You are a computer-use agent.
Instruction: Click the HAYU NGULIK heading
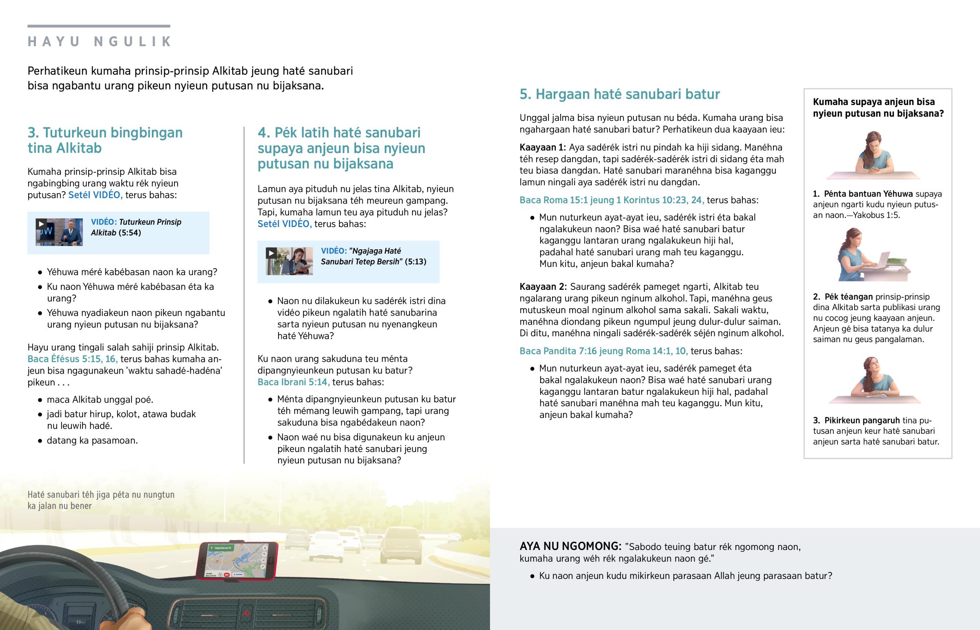click(99, 42)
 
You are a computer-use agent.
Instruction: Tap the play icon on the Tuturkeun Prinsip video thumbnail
click(41, 224)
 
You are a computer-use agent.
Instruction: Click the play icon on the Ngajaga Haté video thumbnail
click(271, 253)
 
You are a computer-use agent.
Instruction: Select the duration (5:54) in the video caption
click(130, 233)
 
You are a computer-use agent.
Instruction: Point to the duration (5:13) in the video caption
click(416, 262)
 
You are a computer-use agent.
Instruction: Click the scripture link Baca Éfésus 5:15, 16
click(73, 359)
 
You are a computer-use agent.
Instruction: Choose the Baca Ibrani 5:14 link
click(293, 382)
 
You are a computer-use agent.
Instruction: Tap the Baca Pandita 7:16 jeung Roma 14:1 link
click(603, 351)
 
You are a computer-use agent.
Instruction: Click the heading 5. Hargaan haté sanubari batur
click(619, 94)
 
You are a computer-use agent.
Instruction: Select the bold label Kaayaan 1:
click(542, 147)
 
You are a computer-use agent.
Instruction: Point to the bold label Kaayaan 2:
click(543, 287)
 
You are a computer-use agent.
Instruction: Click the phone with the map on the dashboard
click(237, 561)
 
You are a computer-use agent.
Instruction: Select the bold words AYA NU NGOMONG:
click(570, 547)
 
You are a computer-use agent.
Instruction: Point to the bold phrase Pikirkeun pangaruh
click(862, 420)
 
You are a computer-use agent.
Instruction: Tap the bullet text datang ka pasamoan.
click(92, 441)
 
